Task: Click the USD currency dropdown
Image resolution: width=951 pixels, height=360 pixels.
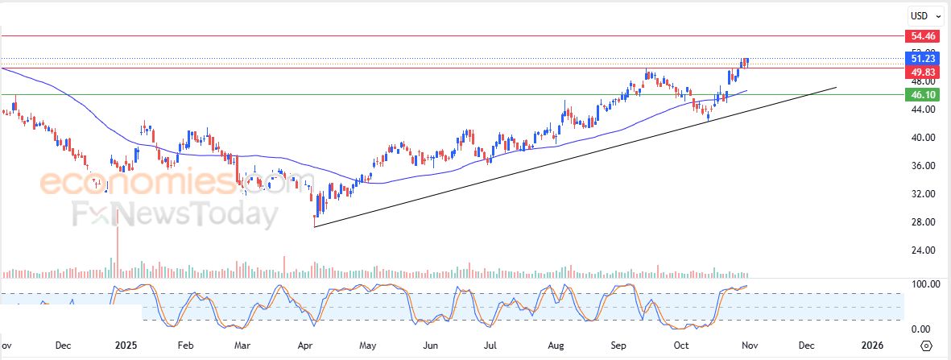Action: point(924,15)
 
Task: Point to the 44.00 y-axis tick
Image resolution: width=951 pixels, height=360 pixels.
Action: point(923,110)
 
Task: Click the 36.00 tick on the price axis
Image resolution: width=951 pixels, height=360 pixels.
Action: point(923,166)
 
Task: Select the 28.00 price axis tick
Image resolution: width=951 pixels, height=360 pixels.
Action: point(923,222)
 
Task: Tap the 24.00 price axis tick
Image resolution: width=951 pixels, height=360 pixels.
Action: point(923,250)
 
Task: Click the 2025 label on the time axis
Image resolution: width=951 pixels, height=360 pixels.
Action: point(125,346)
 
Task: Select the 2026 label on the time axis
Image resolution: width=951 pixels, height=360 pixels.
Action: point(872,346)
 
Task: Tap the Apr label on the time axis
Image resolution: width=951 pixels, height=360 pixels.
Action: point(305,346)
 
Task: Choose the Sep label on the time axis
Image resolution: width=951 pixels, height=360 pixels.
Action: point(618,346)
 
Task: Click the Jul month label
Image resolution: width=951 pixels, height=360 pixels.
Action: point(491,346)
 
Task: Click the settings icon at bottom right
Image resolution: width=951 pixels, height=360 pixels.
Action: point(926,346)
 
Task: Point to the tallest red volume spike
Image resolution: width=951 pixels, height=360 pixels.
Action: point(118,242)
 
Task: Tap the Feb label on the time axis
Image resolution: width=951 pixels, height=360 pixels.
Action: point(185,346)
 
